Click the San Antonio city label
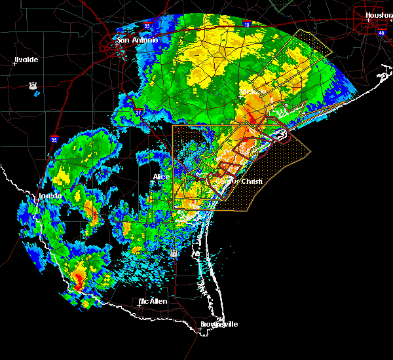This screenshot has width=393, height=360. click(x=138, y=40)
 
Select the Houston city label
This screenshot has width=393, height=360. click(x=379, y=14)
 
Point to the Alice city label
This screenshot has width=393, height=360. click(x=160, y=177)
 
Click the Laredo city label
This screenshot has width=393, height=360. click(x=50, y=196)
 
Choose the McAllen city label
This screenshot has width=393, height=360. click(x=153, y=302)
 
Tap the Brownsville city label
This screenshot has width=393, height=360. click(x=219, y=324)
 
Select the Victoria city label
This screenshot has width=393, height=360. click(x=250, y=92)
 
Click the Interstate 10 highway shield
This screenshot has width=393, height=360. click(x=246, y=24)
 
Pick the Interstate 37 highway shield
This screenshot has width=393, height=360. click(x=138, y=113)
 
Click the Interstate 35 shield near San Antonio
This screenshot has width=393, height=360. click(x=147, y=27)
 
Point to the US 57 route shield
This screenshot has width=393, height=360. click(x=32, y=85)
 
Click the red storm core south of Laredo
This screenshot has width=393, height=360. click(x=79, y=281)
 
